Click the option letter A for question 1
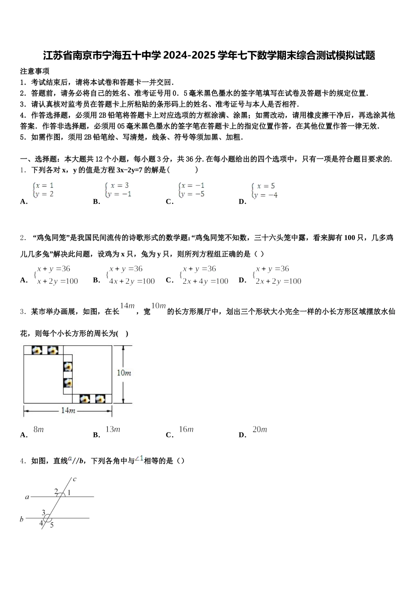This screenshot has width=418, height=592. point(24,202)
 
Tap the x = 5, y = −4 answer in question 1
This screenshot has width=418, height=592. point(265,190)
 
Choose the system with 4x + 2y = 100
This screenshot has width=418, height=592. point(131,275)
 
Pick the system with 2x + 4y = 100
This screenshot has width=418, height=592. point(205,275)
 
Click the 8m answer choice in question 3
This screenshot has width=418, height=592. point(39,429)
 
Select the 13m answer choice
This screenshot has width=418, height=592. point(113,429)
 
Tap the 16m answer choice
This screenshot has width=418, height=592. point(186,429)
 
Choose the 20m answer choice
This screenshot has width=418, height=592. point(260,429)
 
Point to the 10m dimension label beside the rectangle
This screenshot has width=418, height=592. point(124,373)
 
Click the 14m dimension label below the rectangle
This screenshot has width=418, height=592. point(68,411)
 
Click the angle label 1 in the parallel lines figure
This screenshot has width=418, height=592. point(70,492)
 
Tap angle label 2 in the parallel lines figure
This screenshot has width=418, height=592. point(56,491)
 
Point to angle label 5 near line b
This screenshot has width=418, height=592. point(51,525)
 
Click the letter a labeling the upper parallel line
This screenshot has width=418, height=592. point(27,497)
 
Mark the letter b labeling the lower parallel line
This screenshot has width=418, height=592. point(22,519)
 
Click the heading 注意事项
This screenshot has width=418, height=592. point(35,71)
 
